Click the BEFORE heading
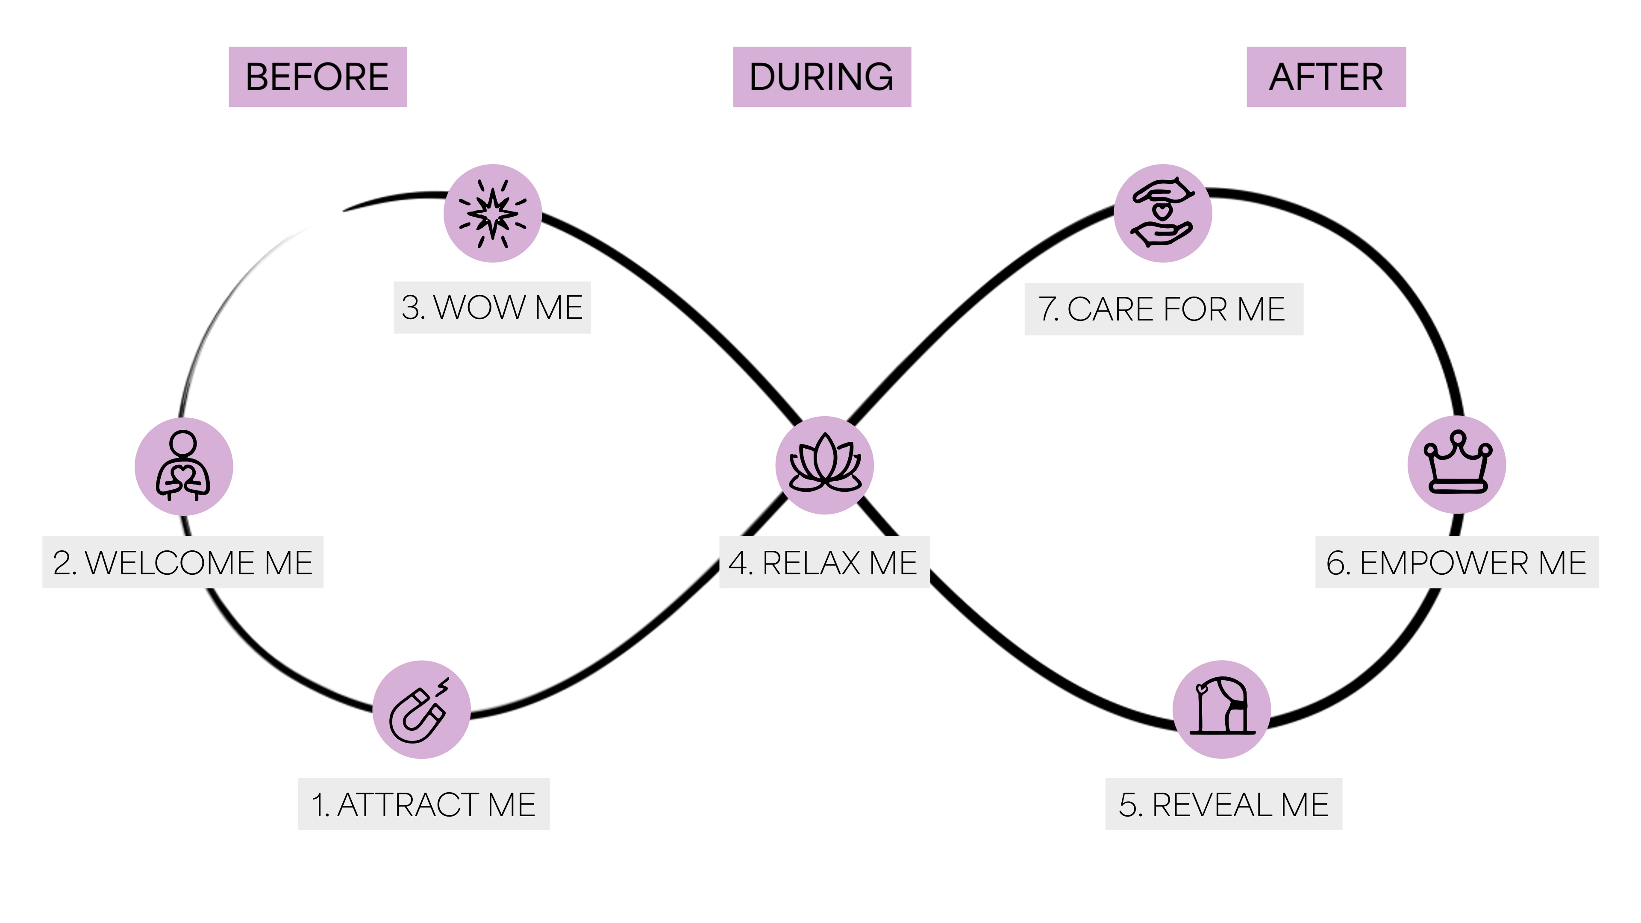317,77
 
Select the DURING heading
822,77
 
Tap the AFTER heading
1326,77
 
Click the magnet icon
421,710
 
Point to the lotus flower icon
824,465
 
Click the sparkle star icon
492,213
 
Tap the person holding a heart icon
183,466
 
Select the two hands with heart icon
1162,213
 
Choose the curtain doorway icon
1222,709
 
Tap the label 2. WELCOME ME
183,562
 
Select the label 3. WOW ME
492,308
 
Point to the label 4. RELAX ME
823,562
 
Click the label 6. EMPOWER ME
1456,562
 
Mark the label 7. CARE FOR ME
1163,309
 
